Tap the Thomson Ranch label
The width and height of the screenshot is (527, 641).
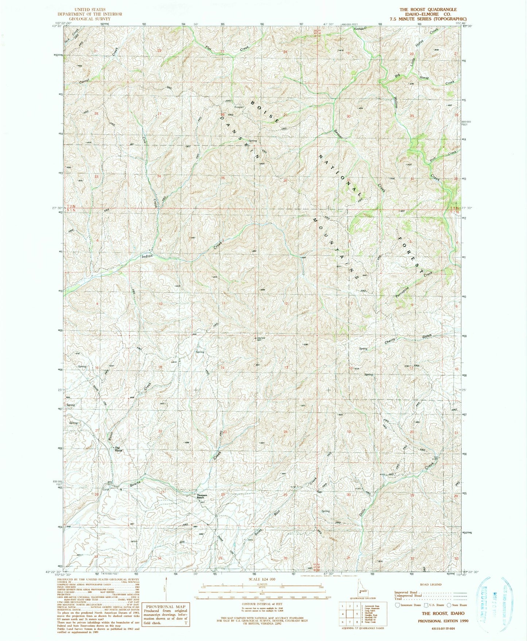pos(202,496)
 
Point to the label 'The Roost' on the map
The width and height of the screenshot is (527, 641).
pos(119,450)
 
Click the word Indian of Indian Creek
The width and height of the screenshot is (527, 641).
pos(147,256)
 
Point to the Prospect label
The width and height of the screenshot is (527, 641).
pos(229,107)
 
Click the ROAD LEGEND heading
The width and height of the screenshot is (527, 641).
pos(430,584)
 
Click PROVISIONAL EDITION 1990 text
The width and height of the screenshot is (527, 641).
pos(443,621)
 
